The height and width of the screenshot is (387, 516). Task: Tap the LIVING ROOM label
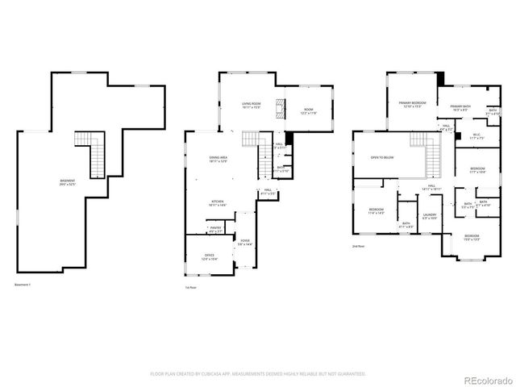pyautogui.click(x=252, y=104)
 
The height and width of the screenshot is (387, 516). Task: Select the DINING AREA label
pyautogui.click(x=218, y=160)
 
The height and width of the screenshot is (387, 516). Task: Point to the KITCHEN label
pyautogui.click(x=218, y=202)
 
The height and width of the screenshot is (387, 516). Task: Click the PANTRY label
pyautogui.click(x=214, y=229)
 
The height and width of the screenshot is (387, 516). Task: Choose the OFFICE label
pyautogui.click(x=209, y=256)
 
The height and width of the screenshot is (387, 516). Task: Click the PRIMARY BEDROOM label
pyautogui.click(x=412, y=103)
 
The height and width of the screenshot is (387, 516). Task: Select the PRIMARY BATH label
pyautogui.click(x=460, y=106)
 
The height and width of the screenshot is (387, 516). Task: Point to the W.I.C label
pyautogui.click(x=476, y=135)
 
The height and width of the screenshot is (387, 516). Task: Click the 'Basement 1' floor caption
pyautogui.click(x=24, y=285)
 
